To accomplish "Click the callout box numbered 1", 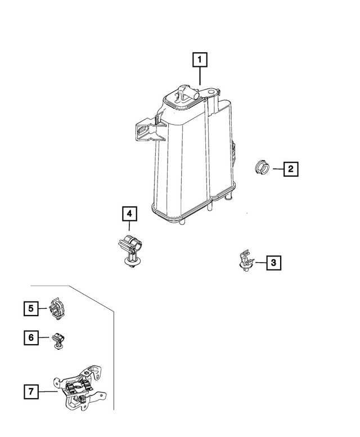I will click(200, 59).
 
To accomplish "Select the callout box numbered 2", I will click(290, 168).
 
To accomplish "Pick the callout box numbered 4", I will click(129, 214).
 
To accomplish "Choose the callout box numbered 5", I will click(31, 308).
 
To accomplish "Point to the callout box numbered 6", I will click(31, 337).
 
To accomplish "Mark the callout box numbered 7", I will click(31, 390).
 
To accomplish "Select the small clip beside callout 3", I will click(245, 260).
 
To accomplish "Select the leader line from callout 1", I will click(200, 76).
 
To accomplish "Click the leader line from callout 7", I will click(48, 390).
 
